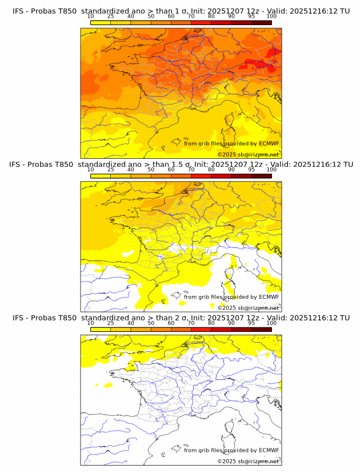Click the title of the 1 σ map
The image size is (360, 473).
tap(181, 11)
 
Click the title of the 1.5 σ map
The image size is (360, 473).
tap(181, 164)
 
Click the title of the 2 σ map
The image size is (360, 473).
tap(181, 318)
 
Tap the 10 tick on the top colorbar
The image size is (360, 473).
tap(91, 17)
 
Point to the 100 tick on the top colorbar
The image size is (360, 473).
tap(271, 17)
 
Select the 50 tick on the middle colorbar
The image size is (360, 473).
tap(151, 170)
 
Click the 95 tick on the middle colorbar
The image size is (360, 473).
tap(251, 170)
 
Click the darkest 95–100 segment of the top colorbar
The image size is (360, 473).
tap(261, 22)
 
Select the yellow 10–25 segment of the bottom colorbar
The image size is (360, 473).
tap(101, 330)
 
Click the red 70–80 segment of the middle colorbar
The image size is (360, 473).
tap(201, 176)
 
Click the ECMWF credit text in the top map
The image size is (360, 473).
tap(231, 143)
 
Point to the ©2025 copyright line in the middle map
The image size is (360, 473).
tap(248, 307)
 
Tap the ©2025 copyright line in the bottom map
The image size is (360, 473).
tap(248, 461)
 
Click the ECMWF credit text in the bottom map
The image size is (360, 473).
tap(231, 450)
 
